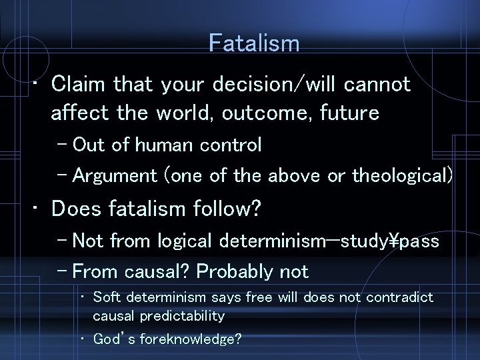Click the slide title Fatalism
tap(253, 44)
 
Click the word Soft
tap(106, 297)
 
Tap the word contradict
tap(402, 297)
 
